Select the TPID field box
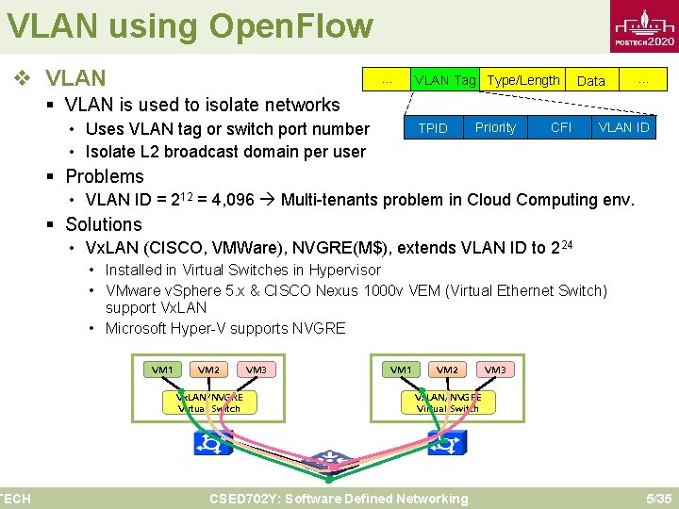click(x=433, y=128)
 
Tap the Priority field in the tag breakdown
click(x=495, y=127)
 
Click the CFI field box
click(x=560, y=127)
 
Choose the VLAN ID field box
click(x=623, y=127)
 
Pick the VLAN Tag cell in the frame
click(x=445, y=80)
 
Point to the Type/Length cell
click(x=523, y=80)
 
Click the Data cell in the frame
click(x=590, y=81)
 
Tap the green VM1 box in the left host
click(x=162, y=369)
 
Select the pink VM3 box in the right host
click(x=494, y=369)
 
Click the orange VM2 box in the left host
click(x=208, y=369)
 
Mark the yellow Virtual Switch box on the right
click(x=447, y=402)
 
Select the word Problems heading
click(x=105, y=176)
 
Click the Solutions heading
click(x=104, y=224)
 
